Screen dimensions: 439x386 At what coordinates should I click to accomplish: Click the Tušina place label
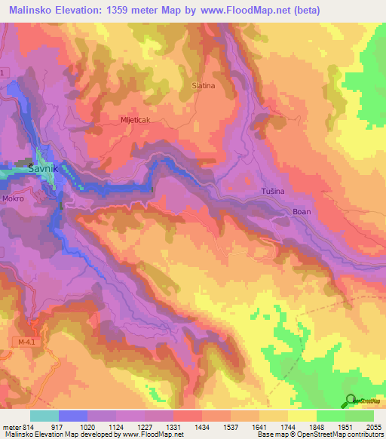click(x=273, y=192)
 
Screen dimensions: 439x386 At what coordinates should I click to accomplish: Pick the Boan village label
click(x=302, y=212)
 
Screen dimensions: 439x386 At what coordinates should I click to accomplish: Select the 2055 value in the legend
click(x=374, y=426)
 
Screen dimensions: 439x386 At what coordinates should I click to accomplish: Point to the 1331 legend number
click(x=173, y=426)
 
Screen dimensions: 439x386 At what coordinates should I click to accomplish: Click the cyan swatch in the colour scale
click(x=44, y=416)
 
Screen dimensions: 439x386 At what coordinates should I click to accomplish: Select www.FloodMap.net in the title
click(x=238, y=11)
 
